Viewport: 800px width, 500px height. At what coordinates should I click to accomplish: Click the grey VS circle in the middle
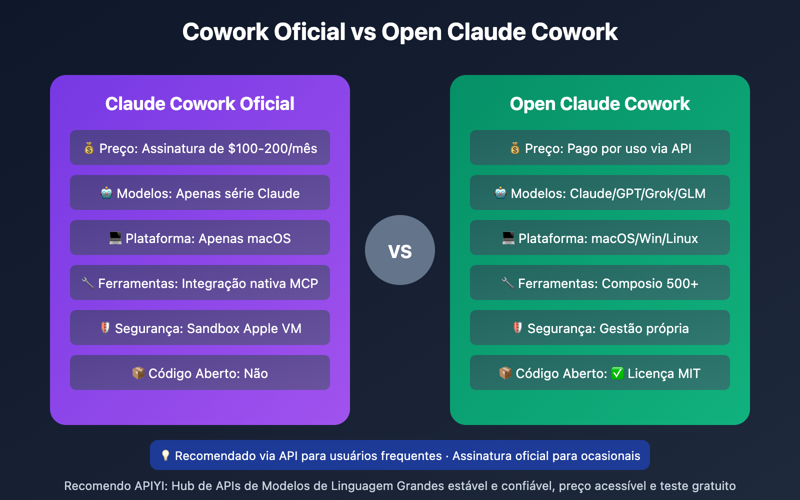[x=400, y=250]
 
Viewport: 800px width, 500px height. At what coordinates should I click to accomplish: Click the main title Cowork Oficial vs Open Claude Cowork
[x=400, y=32]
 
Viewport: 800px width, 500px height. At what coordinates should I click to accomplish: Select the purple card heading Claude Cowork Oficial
[x=200, y=104]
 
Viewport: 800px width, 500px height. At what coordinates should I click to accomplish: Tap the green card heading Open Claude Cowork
[x=600, y=104]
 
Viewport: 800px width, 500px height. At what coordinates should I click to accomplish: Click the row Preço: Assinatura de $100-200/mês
[x=200, y=148]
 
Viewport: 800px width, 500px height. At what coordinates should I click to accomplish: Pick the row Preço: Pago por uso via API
[x=600, y=148]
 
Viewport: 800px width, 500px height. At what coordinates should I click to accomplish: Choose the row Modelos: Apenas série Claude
[x=200, y=193]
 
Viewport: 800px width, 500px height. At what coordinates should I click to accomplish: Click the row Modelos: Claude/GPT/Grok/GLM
[x=600, y=193]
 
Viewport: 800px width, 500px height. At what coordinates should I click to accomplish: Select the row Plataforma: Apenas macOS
[x=200, y=238]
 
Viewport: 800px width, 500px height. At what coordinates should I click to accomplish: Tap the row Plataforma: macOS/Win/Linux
[x=600, y=238]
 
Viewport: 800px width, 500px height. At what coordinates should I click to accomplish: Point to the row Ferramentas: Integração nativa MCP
[x=200, y=283]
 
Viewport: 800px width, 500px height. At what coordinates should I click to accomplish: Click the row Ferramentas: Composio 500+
[x=600, y=283]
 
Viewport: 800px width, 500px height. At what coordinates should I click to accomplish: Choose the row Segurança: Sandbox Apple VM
[x=200, y=328]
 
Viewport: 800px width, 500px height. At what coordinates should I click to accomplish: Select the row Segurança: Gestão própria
[x=600, y=328]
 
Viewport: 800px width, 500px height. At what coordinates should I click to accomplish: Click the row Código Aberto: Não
[x=200, y=373]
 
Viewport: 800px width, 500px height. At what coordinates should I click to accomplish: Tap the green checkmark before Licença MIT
[x=617, y=373]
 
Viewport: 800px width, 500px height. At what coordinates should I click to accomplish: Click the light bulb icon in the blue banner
[x=165, y=455]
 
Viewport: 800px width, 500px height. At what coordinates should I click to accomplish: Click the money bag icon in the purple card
[x=89, y=148]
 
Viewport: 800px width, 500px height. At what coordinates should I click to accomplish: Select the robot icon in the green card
[x=500, y=193]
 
